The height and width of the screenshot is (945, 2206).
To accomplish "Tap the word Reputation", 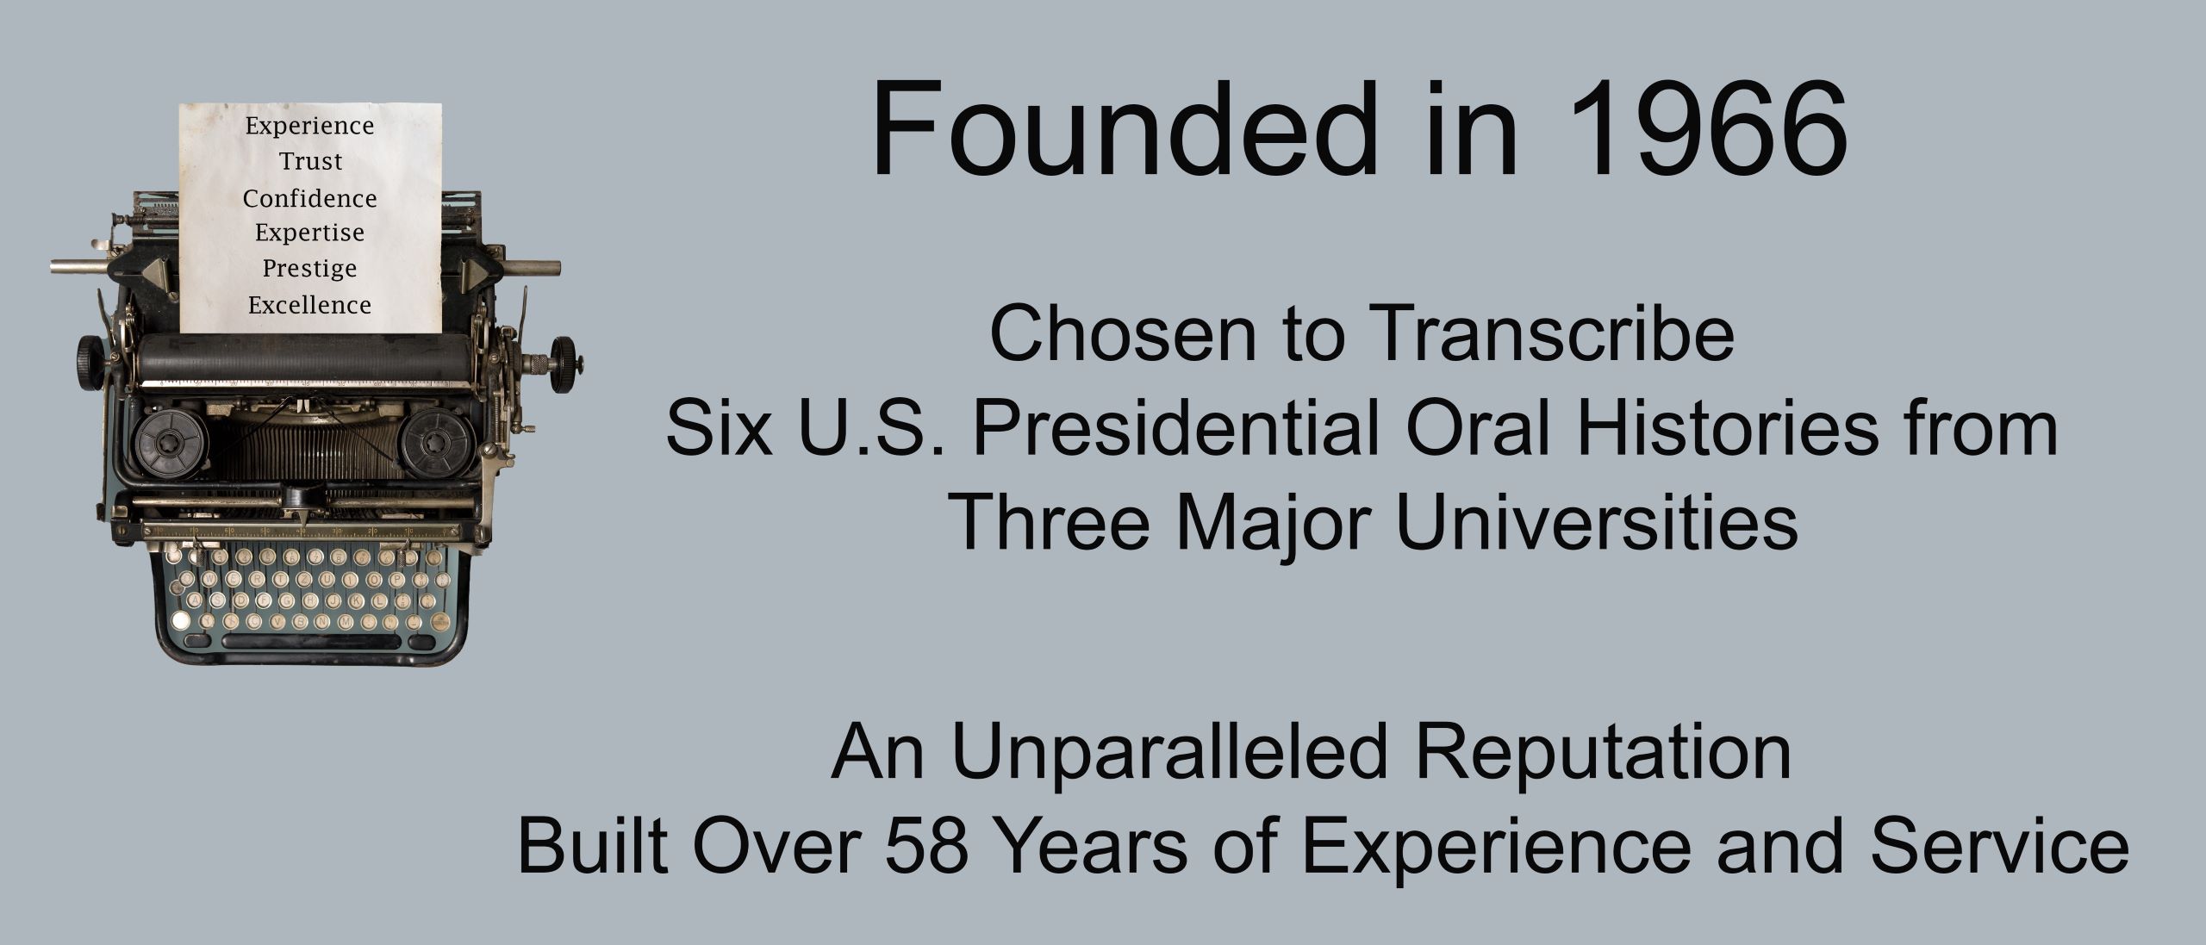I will pos(1603,752).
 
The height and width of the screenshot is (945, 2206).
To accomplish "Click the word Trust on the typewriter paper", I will pos(310,162).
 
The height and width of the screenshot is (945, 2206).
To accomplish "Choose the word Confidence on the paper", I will pos(310,199).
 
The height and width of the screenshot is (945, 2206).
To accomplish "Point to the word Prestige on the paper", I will pos(310,269).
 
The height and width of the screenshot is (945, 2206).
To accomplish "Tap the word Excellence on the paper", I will pos(310,305).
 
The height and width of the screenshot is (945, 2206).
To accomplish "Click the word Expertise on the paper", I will pos(310,233).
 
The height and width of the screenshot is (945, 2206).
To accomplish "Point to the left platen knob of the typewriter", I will pos(90,353).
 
